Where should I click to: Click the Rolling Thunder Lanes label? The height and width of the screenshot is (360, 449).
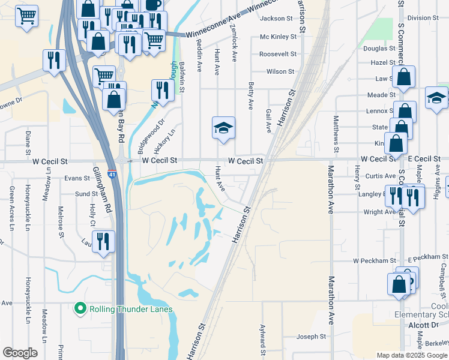tap(131, 310)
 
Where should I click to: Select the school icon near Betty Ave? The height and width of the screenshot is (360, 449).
tap(223, 128)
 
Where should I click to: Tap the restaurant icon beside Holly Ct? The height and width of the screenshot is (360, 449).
tap(103, 241)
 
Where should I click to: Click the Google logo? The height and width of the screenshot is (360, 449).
tap(20, 353)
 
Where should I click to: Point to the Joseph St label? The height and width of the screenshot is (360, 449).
tap(311, 337)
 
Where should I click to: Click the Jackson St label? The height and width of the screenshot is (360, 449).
tap(276, 19)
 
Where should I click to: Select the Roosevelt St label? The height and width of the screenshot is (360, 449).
tap(278, 54)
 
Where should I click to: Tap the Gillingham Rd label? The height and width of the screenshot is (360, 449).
tap(103, 187)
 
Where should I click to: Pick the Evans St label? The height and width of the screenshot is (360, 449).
tap(77, 178)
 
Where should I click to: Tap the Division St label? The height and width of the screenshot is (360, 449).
tap(420, 18)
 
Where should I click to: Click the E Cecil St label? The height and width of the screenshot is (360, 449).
tap(424, 158)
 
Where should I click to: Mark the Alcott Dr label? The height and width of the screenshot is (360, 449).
tap(426, 324)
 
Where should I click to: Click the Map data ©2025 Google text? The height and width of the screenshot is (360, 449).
tap(411, 355)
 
